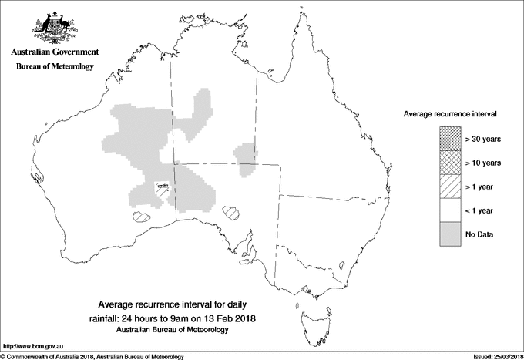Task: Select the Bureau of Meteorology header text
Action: pyautogui.click(x=54, y=67)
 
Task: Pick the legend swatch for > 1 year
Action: pyautogui.click(x=451, y=186)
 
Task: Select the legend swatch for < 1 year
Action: pyautogui.click(x=451, y=210)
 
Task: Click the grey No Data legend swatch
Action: pyautogui.click(x=451, y=234)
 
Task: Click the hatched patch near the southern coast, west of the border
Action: pyautogui.click(x=140, y=216)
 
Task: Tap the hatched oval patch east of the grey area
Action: pyautogui.click(x=231, y=210)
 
